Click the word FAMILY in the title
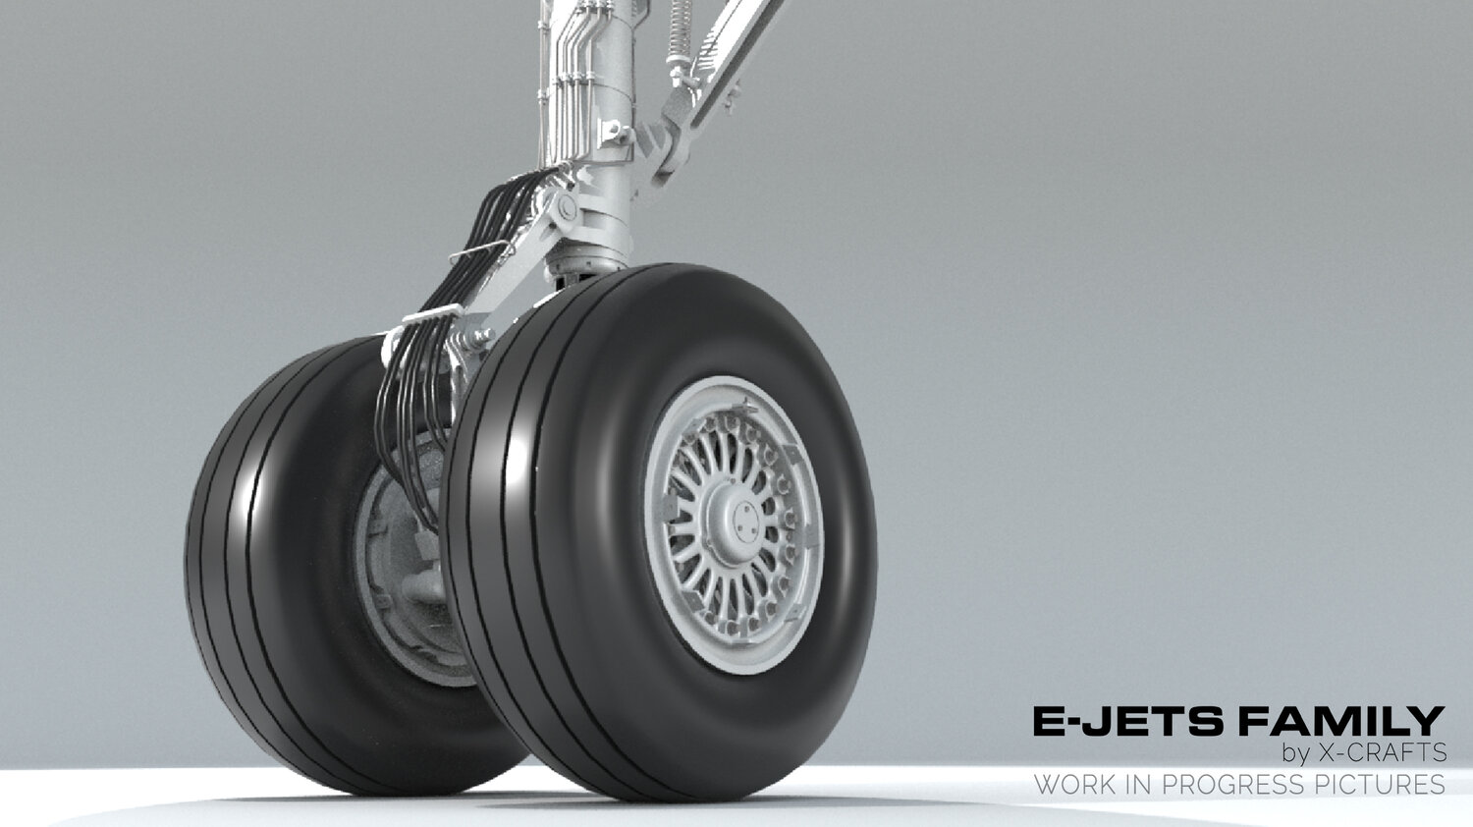pyautogui.click(x=1341, y=720)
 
